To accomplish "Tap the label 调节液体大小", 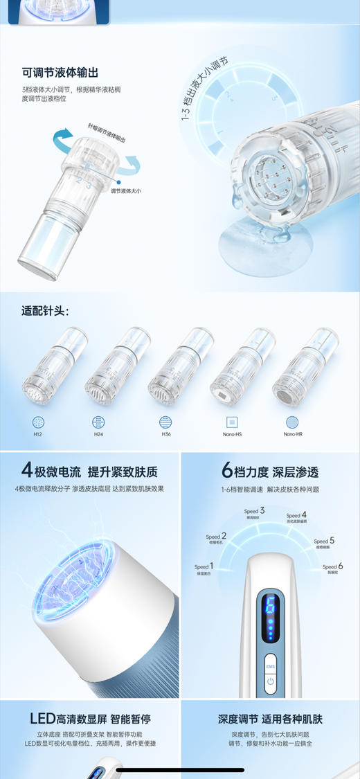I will (x=127, y=190).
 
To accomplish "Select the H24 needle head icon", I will (x=99, y=421).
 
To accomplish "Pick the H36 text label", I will (x=166, y=434).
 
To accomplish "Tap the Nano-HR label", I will (x=294, y=434).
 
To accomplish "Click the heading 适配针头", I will (x=46, y=310).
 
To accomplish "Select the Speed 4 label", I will (x=296, y=516).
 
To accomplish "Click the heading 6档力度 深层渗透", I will (x=270, y=472).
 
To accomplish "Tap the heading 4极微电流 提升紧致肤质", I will (x=90, y=472).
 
